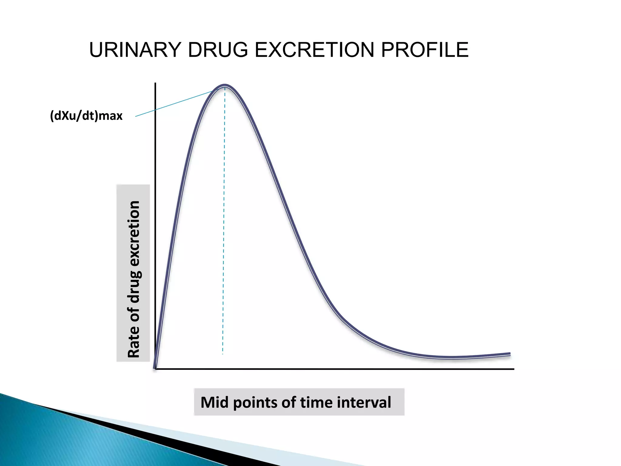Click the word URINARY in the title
tap(135, 50)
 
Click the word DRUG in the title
tap(218, 50)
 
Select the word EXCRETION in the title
tap(314, 50)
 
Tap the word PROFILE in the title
tap(425, 50)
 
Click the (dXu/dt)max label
tap(86, 116)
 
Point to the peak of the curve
tap(225, 85)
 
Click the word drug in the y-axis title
tap(134, 287)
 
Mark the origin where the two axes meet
tap(156, 369)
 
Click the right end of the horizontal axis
tap(513, 369)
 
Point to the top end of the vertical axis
tap(155, 83)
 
